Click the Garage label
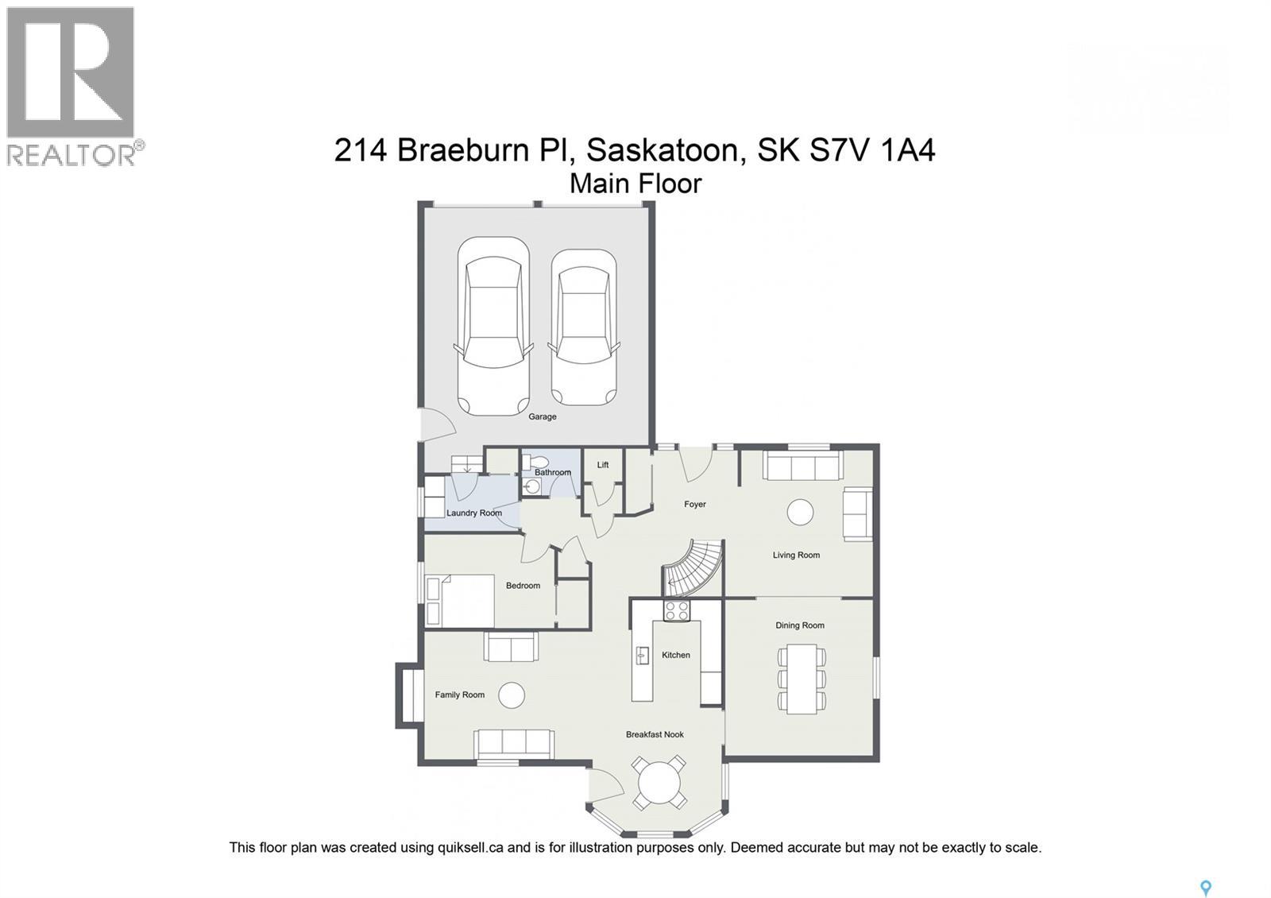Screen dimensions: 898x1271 pos(543,416)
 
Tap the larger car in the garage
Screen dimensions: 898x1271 pos(493,326)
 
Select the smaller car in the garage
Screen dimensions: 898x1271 pos(584,327)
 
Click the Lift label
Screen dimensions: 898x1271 pos(603,465)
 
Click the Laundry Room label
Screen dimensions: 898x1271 pos(474,513)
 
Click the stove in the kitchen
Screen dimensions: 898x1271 pos(677,610)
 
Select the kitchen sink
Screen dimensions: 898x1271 pos(642,656)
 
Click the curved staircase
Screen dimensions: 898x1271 pos(693,568)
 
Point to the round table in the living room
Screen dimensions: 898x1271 pos(800,512)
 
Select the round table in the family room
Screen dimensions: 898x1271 pos(512,695)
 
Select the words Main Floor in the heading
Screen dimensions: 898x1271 pos(635,184)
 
